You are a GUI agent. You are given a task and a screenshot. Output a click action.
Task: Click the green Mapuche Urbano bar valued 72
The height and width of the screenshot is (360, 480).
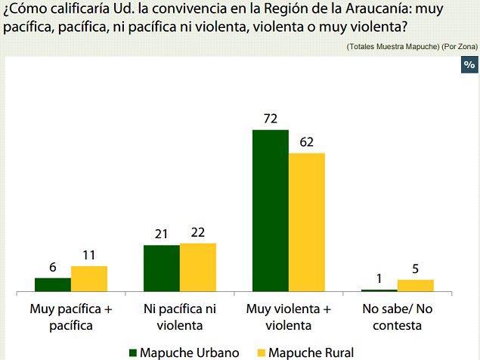[x=270, y=210]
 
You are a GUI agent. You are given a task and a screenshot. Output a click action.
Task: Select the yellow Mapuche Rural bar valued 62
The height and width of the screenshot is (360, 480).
[x=306, y=222]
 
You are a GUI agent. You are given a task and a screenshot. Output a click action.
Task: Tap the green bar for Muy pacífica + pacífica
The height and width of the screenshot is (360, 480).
[x=53, y=284]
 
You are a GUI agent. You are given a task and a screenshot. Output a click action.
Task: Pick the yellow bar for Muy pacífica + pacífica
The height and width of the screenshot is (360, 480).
[x=89, y=278]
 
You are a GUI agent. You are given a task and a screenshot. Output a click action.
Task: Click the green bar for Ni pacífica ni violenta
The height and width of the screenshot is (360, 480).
[x=162, y=268]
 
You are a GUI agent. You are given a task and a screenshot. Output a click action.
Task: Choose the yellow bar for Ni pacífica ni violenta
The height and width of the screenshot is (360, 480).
[x=198, y=267]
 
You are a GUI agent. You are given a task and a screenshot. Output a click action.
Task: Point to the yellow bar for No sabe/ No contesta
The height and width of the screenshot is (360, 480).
[x=415, y=285]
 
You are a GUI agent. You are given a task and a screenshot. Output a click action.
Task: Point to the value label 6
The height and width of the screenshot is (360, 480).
[x=53, y=268]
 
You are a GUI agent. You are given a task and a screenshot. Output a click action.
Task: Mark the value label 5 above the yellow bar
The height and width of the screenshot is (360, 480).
[x=415, y=269]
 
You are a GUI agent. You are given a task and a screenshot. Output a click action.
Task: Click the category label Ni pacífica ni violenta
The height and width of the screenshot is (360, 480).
[x=180, y=317]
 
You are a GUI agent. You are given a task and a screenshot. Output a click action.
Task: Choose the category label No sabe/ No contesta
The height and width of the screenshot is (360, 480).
[x=397, y=317]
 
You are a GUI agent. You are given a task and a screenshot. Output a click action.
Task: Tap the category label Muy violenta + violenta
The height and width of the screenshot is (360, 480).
[x=289, y=317]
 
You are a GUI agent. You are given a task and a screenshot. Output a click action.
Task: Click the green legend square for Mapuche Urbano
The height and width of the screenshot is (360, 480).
[x=134, y=352]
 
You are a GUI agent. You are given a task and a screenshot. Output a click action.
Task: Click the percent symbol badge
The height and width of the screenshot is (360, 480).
[x=468, y=65]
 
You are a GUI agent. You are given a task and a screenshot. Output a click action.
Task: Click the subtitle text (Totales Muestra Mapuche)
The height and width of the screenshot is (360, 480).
[x=393, y=47]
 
